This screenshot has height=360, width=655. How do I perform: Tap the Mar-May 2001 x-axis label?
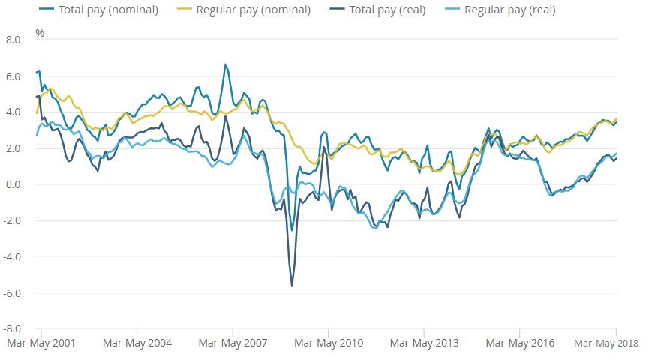41,343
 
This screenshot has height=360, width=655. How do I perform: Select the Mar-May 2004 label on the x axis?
137,343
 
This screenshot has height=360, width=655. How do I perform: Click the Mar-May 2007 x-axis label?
233,343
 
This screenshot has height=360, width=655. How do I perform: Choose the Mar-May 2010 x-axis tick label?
328,343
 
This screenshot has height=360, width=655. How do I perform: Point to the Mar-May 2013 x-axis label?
424,343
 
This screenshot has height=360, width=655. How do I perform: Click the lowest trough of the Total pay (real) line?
292,285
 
